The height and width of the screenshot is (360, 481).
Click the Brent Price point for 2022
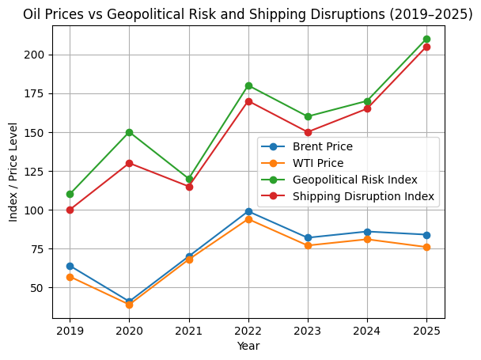pyautogui.click(x=248, y=211)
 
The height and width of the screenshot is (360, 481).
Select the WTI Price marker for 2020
pyautogui.click(x=129, y=305)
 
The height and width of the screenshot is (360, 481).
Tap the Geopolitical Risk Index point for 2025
pyautogui.click(x=426, y=39)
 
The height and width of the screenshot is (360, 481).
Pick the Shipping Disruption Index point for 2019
pyautogui.click(x=70, y=210)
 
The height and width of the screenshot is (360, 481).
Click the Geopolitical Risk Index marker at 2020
pyautogui.click(x=129, y=132)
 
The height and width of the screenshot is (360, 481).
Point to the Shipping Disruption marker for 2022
pyautogui.click(x=248, y=101)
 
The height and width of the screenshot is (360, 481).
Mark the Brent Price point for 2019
pyautogui.click(x=70, y=266)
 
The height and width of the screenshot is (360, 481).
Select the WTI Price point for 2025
pyautogui.click(x=426, y=247)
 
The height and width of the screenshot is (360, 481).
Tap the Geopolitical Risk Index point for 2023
pyautogui.click(x=308, y=116)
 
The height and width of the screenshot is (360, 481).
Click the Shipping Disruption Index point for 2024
pyautogui.click(x=367, y=108)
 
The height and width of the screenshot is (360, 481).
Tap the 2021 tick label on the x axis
pyautogui.click(x=188, y=330)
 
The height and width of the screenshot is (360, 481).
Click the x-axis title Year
pyautogui.click(x=248, y=346)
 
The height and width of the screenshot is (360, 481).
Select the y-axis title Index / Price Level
pyautogui.click(x=14, y=172)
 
